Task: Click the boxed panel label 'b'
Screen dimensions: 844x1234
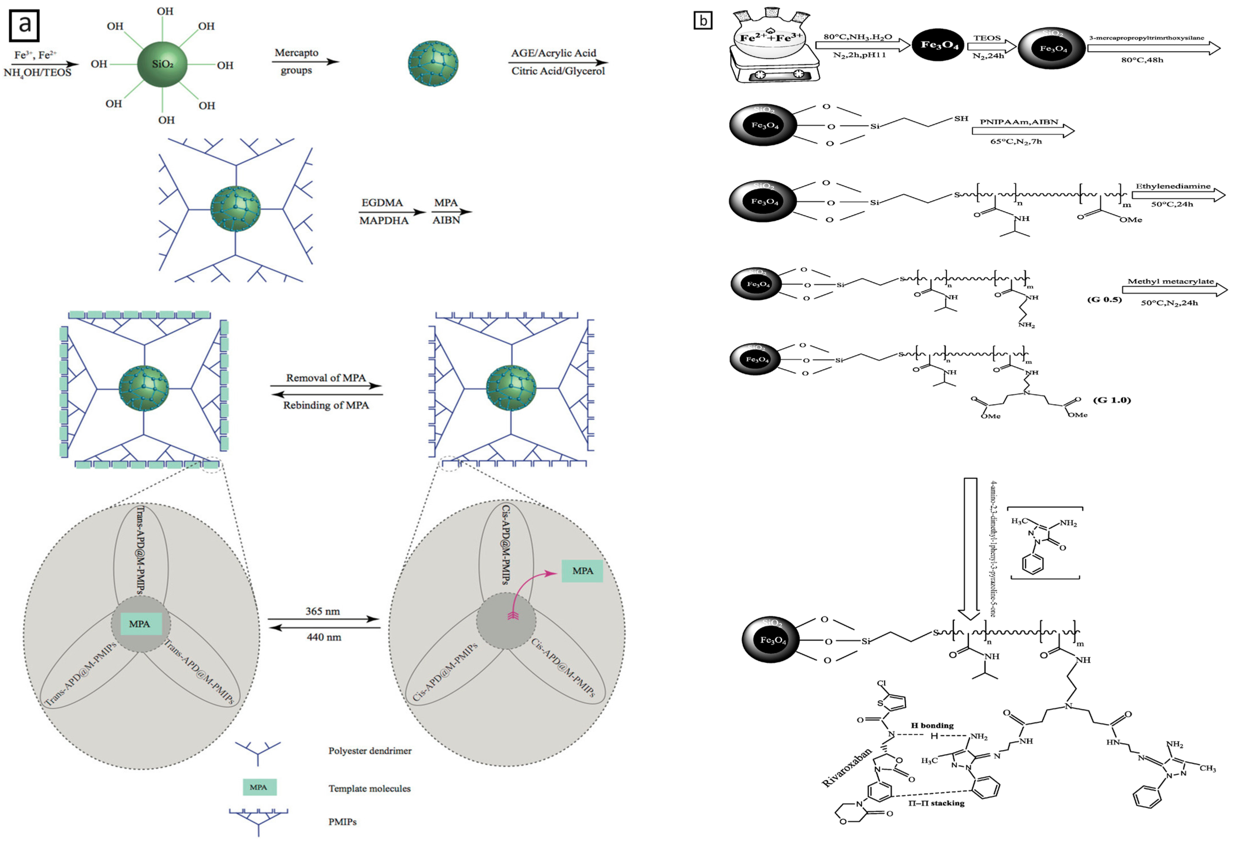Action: (x=703, y=21)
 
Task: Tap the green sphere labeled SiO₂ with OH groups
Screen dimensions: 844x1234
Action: (x=162, y=64)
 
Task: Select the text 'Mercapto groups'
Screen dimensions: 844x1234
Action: (x=296, y=61)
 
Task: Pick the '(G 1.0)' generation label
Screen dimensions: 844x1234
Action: (x=1112, y=400)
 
